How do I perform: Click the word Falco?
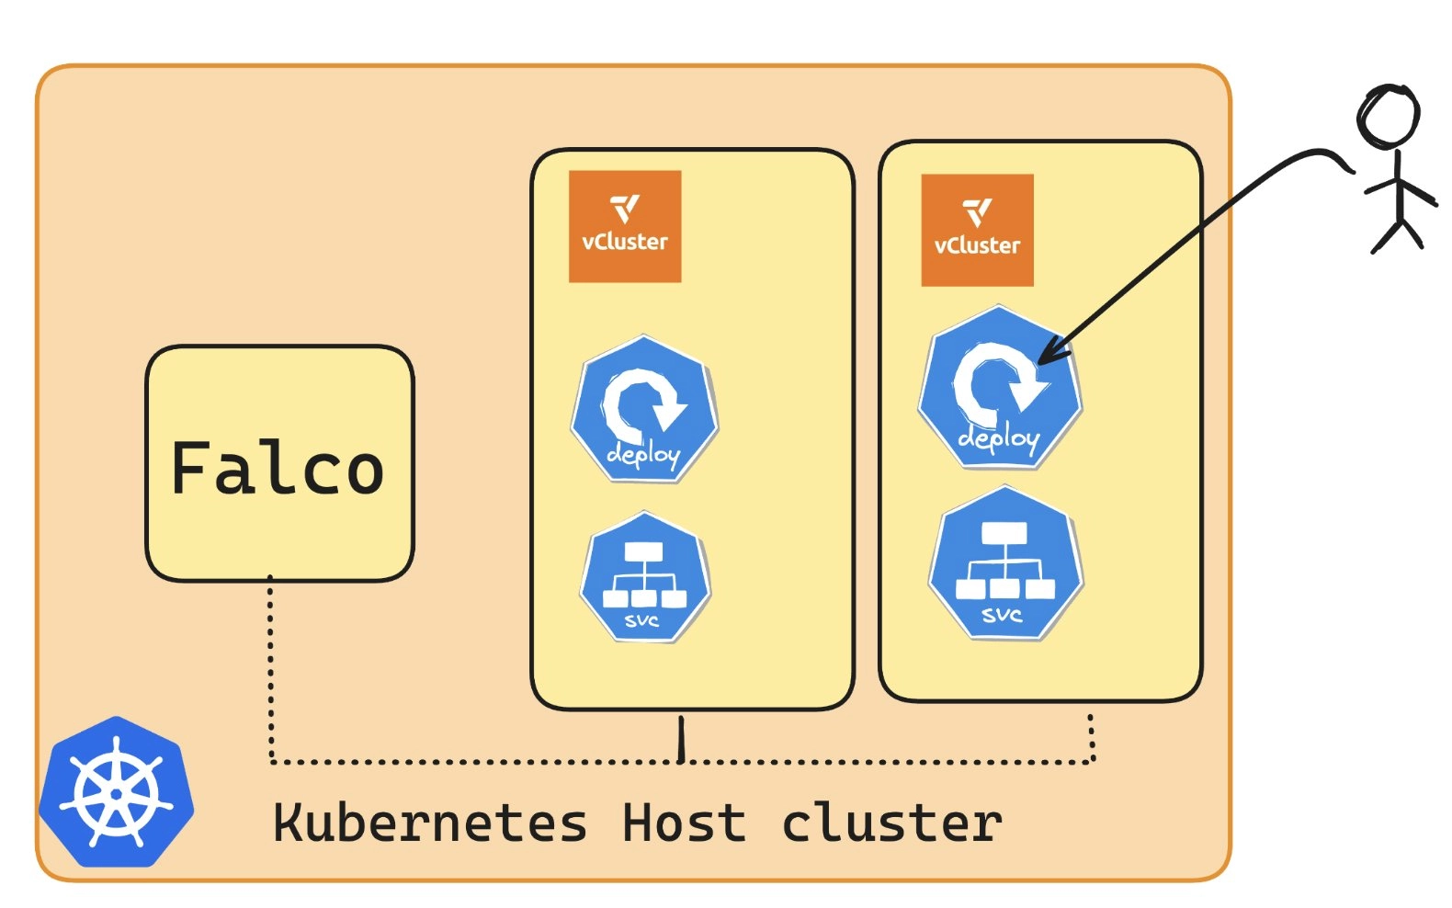point(278,468)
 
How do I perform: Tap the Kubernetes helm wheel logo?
point(117,791)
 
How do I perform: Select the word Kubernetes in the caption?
point(430,823)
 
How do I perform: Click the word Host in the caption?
point(684,823)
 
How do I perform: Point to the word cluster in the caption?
point(891,823)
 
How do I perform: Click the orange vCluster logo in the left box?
point(625,226)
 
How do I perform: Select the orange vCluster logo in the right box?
point(978,230)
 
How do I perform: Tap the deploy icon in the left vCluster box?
point(644,409)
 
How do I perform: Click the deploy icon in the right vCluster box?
point(1000,390)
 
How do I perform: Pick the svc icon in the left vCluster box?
point(645,576)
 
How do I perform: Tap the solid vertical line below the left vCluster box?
point(681,738)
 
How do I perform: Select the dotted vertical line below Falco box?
point(270,671)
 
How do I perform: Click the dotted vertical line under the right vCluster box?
point(1091,738)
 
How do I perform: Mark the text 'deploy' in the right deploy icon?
point(999,438)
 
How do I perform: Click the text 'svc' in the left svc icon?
point(641,620)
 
